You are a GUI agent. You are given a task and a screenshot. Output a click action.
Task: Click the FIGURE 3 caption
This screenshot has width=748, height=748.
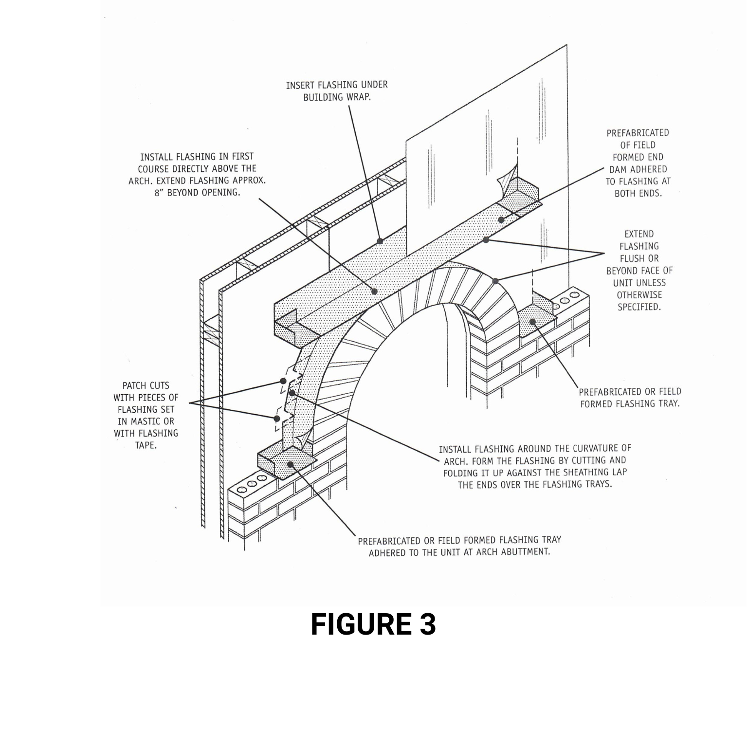pos(373,624)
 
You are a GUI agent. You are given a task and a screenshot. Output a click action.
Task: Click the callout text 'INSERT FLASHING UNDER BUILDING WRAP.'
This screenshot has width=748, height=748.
pos(337,91)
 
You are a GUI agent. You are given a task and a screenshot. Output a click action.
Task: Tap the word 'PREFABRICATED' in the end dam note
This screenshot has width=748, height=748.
pos(638,133)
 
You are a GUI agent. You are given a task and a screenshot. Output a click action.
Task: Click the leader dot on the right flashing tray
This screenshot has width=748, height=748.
pos(533,322)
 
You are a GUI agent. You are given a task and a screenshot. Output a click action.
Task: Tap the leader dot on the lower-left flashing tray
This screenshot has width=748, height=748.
pos(291,464)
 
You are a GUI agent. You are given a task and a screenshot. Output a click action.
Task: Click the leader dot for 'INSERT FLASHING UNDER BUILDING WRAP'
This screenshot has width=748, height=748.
pos(380,241)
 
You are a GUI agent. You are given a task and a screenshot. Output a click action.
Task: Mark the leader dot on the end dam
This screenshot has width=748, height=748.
pos(501,220)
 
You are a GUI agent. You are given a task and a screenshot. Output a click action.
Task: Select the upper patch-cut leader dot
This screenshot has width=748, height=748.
pos(283,381)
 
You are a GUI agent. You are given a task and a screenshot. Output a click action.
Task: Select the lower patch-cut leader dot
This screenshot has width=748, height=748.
pos(277,418)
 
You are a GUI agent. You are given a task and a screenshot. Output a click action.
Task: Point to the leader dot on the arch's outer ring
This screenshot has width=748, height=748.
pos(495,281)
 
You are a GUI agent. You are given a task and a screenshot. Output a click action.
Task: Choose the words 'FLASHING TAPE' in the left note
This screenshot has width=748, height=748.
pos(146,439)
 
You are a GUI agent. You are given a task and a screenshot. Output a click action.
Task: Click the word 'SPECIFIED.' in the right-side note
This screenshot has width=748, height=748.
pos(639,307)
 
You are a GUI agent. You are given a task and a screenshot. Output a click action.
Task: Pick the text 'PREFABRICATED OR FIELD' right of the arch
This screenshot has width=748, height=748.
pos(630,392)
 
